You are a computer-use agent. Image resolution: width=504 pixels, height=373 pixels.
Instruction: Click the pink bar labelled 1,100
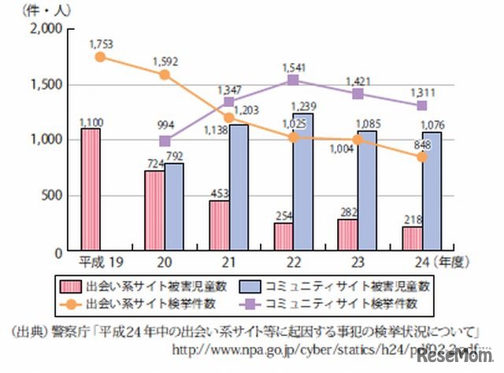(x=91, y=190)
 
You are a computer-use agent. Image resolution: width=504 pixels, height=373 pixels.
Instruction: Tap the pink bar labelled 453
(x=220, y=225)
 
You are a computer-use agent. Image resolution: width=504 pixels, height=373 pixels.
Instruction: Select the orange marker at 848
(x=422, y=157)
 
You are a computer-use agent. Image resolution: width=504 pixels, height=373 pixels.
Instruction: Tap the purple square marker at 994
(x=165, y=141)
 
